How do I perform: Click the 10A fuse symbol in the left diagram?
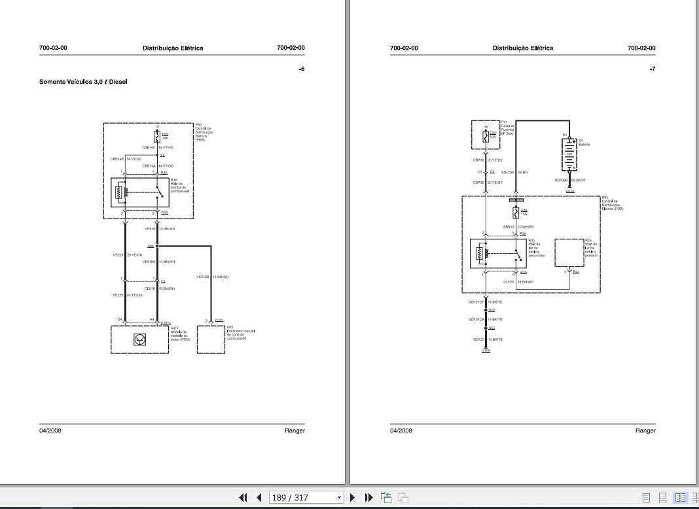click(157, 136)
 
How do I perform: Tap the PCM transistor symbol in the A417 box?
click(139, 339)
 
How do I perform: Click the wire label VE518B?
click(203, 277)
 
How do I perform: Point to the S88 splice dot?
click(157, 246)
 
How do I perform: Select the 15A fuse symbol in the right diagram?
click(516, 213)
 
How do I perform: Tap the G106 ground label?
click(486, 351)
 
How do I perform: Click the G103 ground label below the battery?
click(570, 192)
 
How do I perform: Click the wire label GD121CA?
click(476, 319)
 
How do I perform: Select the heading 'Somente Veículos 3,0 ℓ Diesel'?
click(83, 82)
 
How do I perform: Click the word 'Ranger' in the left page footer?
click(295, 430)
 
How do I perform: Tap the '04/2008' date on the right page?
click(401, 430)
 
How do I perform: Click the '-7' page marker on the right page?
click(651, 69)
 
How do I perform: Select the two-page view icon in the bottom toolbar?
click(679, 498)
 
